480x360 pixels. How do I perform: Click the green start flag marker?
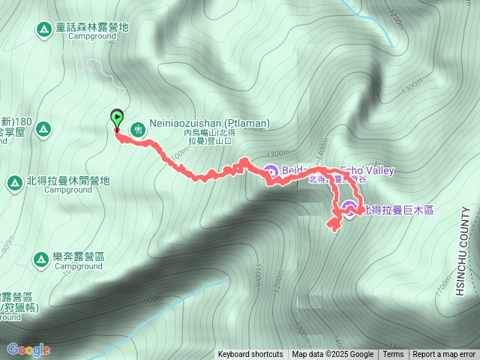[x=117, y=118]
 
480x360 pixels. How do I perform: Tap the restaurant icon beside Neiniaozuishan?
[x=137, y=129]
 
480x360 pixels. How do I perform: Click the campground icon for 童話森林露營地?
[x=43, y=28]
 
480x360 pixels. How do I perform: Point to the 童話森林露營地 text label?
[x=92, y=27]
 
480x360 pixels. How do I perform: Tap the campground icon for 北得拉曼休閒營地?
[x=14, y=182]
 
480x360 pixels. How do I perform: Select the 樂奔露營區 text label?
[x=79, y=256]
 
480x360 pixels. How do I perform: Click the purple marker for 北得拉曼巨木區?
[x=349, y=207]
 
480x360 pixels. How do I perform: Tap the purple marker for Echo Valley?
[x=270, y=171]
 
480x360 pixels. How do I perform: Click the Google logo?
[x=28, y=349]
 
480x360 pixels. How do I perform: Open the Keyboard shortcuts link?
[x=250, y=355]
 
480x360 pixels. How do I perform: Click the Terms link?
[x=393, y=355]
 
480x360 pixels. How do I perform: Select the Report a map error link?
[x=444, y=355]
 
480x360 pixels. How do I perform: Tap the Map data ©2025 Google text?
[x=333, y=355]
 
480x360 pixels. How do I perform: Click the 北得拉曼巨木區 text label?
[x=398, y=209]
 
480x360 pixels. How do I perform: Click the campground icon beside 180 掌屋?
[x=43, y=129]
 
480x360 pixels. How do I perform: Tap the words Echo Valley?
[x=367, y=170]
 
